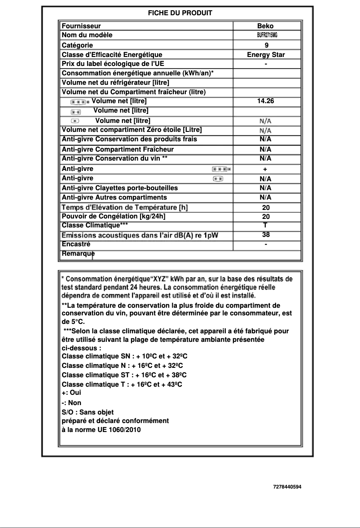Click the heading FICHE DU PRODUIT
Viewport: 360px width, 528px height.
(x=180, y=13)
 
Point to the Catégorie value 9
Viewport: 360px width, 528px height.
(x=267, y=45)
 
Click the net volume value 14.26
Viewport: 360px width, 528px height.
(x=265, y=101)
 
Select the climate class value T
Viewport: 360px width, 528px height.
(x=265, y=225)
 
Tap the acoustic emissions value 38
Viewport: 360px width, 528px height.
(x=266, y=235)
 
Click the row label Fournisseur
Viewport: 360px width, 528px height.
(x=81, y=26)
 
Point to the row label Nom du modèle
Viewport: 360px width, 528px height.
(x=87, y=35)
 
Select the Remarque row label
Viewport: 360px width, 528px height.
(x=78, y=254)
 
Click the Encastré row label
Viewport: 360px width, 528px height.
(x=76, y=244)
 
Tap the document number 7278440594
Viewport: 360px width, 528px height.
(x=287, y=486)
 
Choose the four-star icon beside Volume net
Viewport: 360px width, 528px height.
(x=80, y=101)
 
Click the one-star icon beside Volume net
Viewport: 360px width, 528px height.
(x=75, y=121)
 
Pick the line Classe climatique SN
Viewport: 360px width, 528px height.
(x=124, y=356)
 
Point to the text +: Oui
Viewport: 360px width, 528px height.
(x=71, y=392)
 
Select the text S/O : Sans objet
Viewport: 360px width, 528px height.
(x=88, y=412)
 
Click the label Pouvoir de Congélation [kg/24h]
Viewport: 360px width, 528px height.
(x=114, y=216)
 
